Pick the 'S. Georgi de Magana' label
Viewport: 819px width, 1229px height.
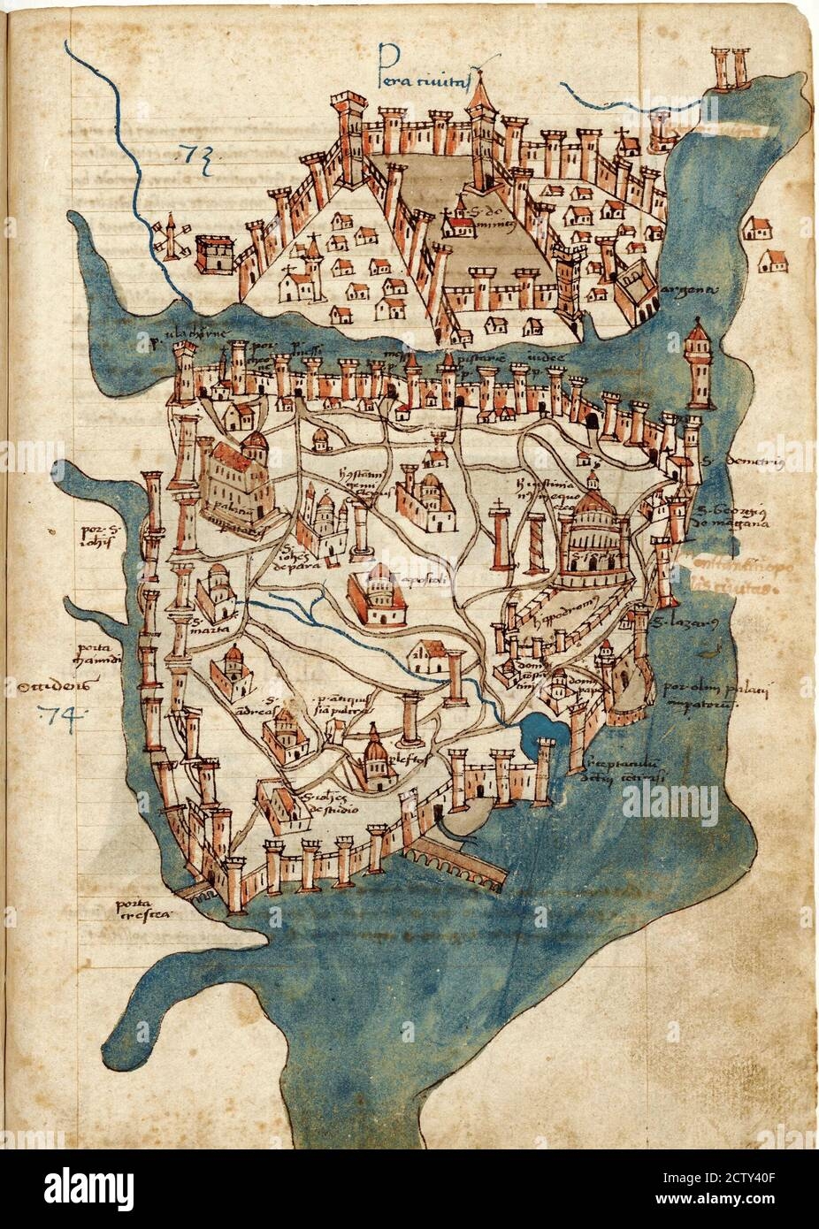pos(728,512)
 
